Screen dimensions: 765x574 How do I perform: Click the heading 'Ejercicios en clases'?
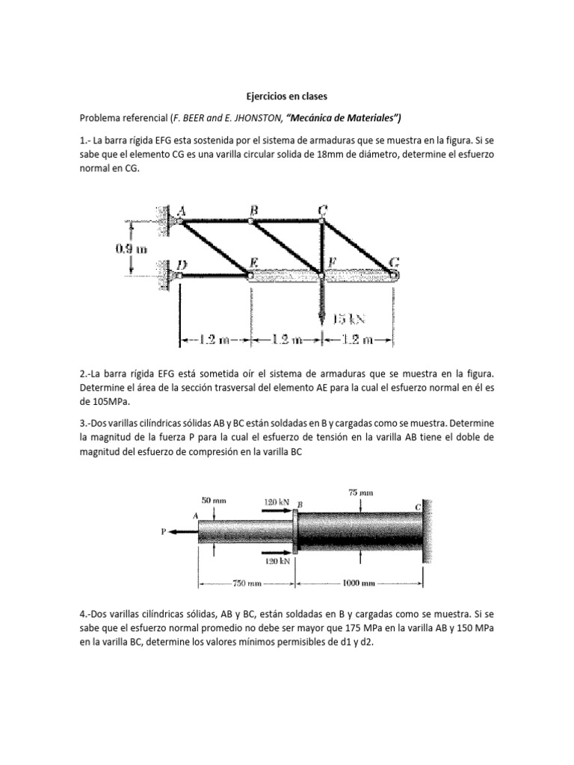(x=286, y=96)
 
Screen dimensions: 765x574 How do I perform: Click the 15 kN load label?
(x=350, y=319)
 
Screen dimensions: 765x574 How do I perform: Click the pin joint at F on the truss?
(x=322, y=276)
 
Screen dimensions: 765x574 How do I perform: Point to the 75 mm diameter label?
(x=361, y=492)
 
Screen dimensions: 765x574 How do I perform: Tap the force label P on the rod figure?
(x=162, y=532)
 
